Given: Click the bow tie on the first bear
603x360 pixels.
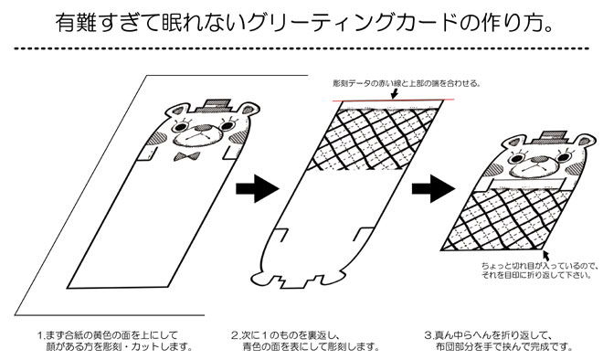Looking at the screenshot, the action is point(186,156).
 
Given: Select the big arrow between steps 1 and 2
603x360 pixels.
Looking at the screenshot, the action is point(257,188).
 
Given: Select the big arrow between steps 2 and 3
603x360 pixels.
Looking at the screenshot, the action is point(433,188).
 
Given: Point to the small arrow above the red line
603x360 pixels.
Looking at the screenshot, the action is point(394,93).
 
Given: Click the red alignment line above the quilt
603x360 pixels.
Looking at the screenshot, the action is point(393,101).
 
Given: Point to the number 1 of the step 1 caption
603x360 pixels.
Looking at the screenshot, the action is point(39,335).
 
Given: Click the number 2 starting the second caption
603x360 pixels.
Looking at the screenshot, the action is point(234,335).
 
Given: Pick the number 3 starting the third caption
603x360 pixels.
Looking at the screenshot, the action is point(428,335).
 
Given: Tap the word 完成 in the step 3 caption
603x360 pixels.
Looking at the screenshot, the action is point(538,347).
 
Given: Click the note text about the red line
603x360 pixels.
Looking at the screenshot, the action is point(407,83).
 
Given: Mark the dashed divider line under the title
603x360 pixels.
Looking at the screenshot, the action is point(301,48).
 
